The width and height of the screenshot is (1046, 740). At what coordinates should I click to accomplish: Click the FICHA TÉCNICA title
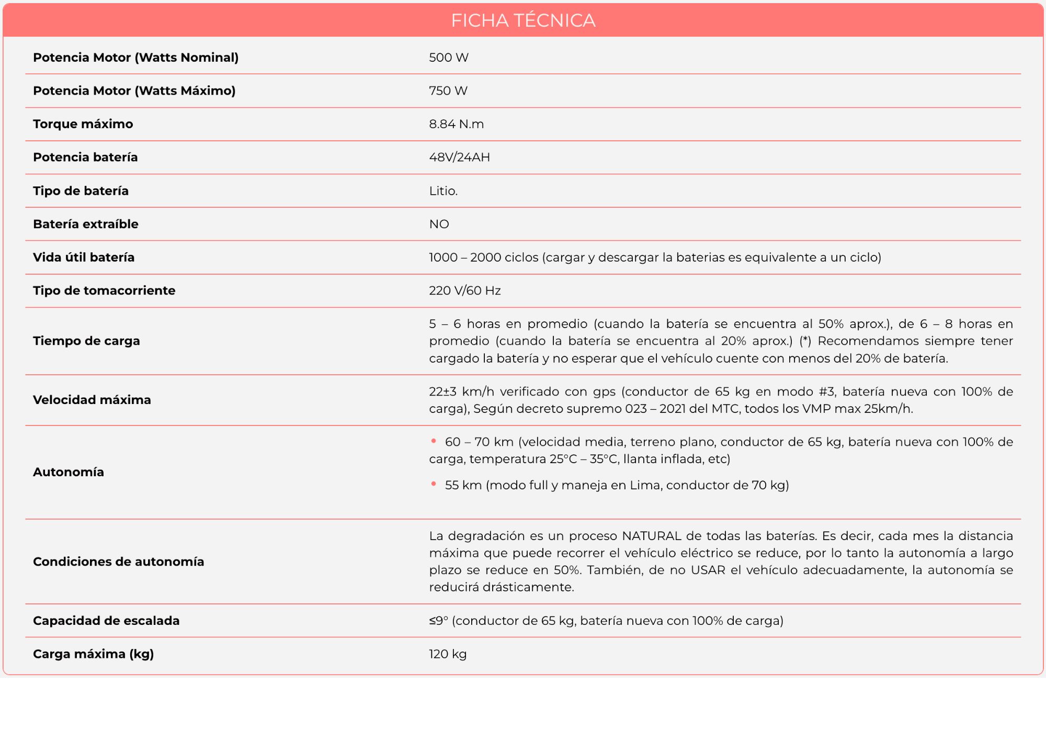[523, 20]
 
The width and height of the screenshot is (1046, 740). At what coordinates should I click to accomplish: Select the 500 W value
[449, 58]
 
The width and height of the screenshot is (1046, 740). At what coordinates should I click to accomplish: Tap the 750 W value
[448, 91]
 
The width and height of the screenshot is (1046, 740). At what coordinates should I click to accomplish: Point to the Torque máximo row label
[83, 124]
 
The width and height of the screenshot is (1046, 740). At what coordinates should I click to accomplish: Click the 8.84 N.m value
[457, 124]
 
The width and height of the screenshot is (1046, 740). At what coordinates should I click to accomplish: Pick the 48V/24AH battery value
[460, 158]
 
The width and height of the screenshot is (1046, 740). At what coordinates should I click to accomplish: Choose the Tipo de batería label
[81, 191]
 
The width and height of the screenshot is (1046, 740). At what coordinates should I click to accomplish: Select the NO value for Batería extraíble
[439, 224]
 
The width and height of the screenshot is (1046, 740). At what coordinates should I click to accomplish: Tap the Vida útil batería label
[84, 257]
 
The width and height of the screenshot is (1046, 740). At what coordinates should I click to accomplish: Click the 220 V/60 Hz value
[465, 290]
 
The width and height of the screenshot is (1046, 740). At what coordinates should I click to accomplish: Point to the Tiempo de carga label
[86, 341]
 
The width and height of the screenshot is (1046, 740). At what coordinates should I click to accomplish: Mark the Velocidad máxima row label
[92, 400]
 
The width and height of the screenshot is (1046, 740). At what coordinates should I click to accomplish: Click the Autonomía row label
[69, 472]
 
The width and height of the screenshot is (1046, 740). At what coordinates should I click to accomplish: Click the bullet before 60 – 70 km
[434, 441]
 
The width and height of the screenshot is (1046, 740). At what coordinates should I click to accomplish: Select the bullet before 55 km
[434, 484]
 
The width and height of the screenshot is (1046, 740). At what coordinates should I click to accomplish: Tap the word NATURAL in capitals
[651, 536]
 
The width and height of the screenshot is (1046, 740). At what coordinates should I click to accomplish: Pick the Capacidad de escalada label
[106, 621]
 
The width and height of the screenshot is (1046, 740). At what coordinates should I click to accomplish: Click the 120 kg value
[448, 654]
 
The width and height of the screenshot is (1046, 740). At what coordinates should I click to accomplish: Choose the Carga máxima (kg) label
[94, 654]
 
